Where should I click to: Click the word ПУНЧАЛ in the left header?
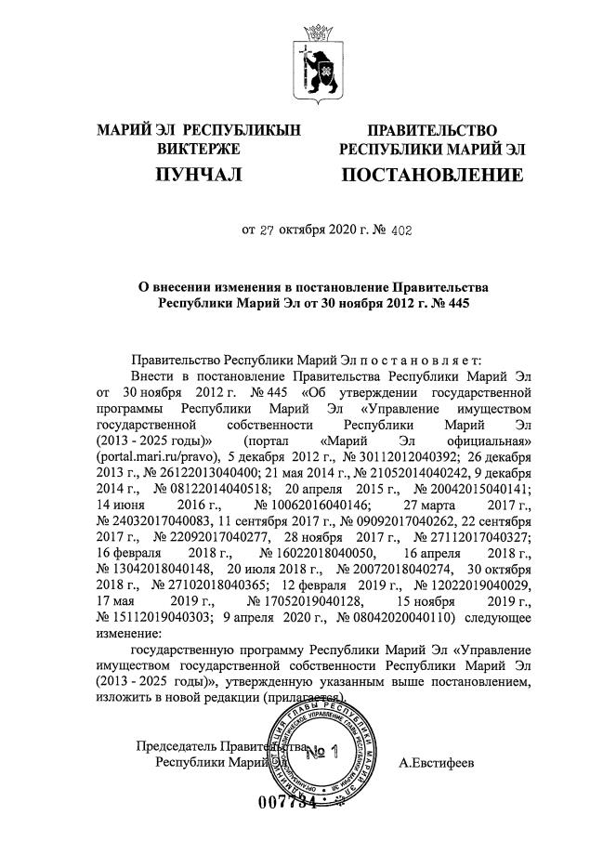(x=199, y=175)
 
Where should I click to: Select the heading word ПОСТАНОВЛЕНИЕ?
(x=432, y=175)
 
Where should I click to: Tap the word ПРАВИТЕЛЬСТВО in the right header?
(x=432, y=130)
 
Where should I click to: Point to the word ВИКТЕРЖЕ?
(x=199, y=149)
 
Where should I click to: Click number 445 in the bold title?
(x=447, y=302)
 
